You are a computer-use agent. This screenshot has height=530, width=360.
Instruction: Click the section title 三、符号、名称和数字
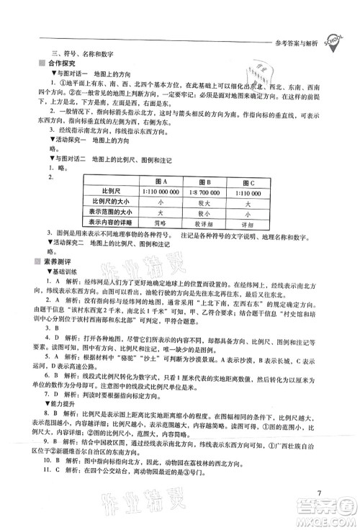(89, 53)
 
